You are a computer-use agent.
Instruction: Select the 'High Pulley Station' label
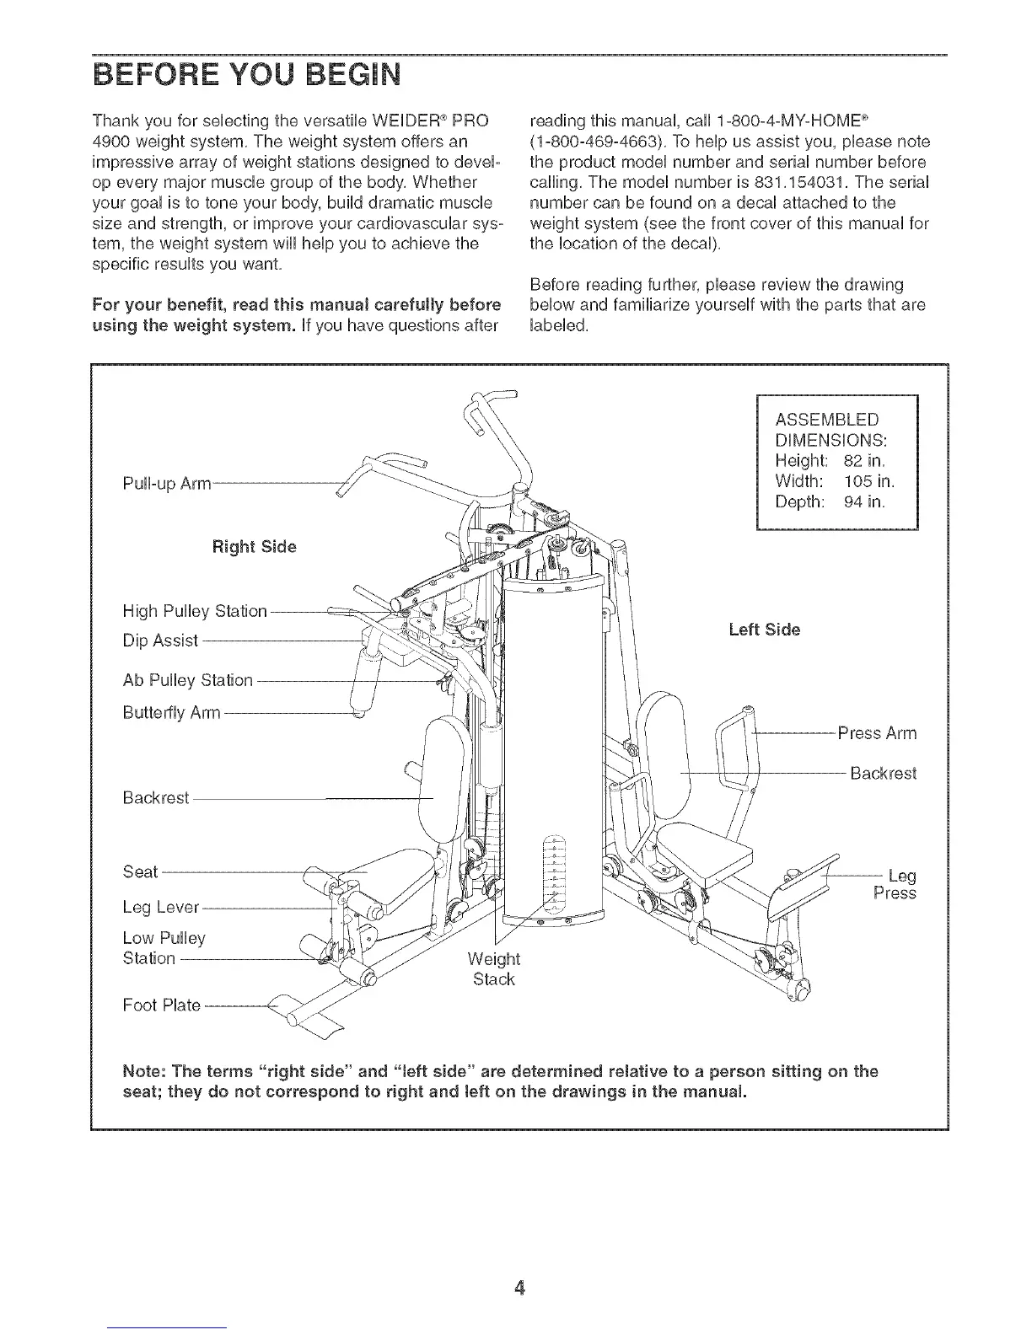195,610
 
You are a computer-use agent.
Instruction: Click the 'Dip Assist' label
160,641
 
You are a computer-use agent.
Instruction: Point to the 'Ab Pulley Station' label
187,680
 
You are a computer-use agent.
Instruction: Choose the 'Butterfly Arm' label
171,713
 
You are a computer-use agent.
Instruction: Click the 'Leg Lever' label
161,908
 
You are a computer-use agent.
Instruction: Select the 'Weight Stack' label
494,969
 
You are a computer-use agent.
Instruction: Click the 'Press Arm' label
877,733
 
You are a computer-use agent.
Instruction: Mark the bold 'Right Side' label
254,547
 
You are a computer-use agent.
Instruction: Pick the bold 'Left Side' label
764,630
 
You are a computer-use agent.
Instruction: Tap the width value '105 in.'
868,481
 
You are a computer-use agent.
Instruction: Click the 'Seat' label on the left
140,871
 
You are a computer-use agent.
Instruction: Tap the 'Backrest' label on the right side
882,773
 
